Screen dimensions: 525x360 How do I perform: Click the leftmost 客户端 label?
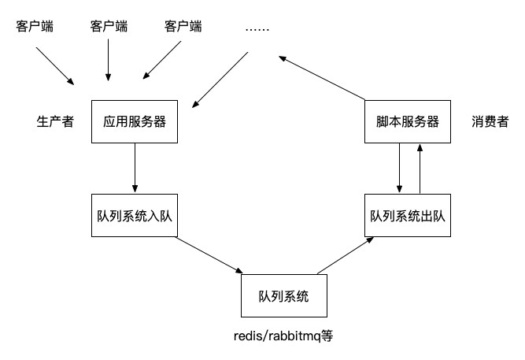coord(35,26)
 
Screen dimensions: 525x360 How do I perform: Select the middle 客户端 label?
coord(109,26)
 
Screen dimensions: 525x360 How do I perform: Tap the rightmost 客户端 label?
coord(183,26)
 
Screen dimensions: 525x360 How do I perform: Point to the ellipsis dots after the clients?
coord(257,30)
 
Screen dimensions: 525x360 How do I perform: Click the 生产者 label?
coord(55,121)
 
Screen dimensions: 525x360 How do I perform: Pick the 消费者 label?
coord(490,121)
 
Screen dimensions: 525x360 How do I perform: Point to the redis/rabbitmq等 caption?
coord(283,336)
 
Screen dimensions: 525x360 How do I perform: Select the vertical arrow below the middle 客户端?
coord(108,60)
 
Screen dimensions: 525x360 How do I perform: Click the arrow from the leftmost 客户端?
coord(55,66)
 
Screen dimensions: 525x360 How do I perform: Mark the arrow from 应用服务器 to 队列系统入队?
coord(135,168)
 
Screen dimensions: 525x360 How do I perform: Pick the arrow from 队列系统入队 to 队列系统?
coord(209,255)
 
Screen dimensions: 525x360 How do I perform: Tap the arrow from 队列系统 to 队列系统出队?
coord(346,255)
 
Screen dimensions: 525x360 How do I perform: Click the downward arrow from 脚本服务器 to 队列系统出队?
coord(399,168)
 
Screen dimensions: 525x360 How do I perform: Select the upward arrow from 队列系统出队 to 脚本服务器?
coord(420,169)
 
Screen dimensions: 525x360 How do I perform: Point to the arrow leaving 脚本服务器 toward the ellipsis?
coord(322,78)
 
